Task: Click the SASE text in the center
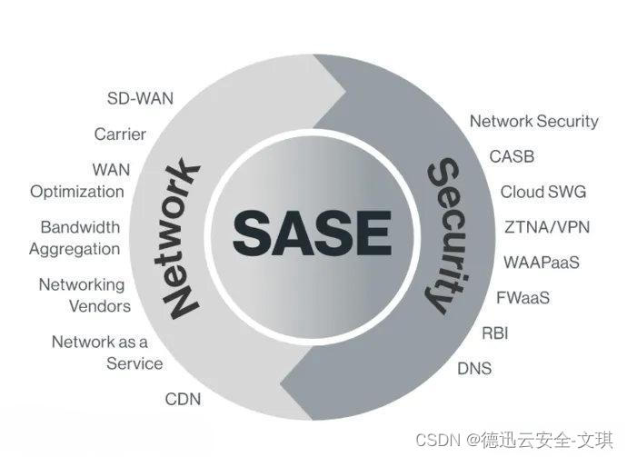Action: click(x=311, y=232)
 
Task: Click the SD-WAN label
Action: click(x=140, y=97)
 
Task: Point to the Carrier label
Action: click(x=120, y=134)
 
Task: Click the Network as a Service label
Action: click(x=106, y=353)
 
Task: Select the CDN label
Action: click(x=183, y=399)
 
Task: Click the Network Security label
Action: click(x=533, y=121)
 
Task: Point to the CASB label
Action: click(x=512, y=156)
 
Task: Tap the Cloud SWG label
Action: click(x=543, y=192)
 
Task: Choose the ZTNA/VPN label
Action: click(x=547, y=226)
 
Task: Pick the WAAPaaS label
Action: click(x=542, y=262)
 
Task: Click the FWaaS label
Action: click(x=523, y=297)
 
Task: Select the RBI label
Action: click(x=494, y=333)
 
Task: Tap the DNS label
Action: click(x=473, y=368)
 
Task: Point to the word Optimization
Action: click(x=77, y=192)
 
